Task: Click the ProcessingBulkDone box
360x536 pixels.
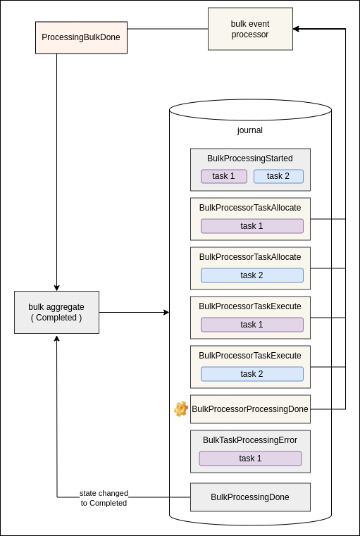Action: pos(81,37)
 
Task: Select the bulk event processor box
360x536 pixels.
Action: pos(250,29)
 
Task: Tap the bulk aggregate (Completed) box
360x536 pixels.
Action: pos(56,312)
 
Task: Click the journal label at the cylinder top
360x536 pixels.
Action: pos(250,130)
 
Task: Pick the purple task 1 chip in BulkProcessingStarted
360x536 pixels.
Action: pos(224,176)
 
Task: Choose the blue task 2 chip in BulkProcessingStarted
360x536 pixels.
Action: pos(278,176)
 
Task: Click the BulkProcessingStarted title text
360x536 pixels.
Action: pos(250,158)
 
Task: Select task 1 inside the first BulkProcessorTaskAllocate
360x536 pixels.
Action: pos(252,226)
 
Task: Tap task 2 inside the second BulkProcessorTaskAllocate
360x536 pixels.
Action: pos(252,275)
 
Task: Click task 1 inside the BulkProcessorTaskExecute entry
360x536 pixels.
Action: pos(252,325)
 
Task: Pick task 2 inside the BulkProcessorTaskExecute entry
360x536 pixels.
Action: pos(252,374)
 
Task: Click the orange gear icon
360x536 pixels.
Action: pos(181,409)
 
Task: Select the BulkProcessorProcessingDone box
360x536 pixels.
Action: pos(250,409)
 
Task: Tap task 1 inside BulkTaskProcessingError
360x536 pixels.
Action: pos(250,459)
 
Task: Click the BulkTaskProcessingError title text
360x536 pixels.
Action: pos(250,440)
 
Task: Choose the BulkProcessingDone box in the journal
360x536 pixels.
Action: pos(250,497)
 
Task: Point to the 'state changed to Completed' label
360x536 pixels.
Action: pos(104,498)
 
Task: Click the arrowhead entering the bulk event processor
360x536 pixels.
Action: pos(296,29)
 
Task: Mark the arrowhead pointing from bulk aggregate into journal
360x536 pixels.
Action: pos(166,312)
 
